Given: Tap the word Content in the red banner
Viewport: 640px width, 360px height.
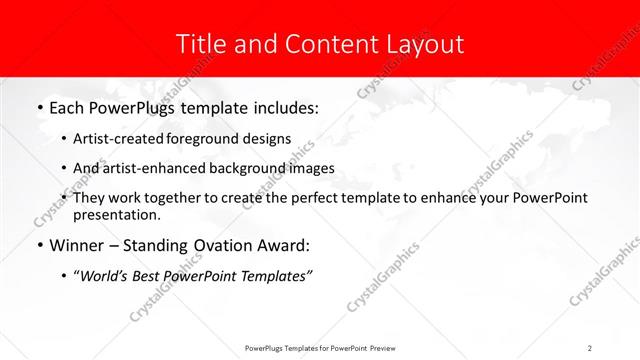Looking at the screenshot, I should click(x=323, y=44).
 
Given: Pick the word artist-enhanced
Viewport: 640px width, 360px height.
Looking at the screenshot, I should click(x=152, y=168).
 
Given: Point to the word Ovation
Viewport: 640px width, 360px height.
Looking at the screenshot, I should click(x=220, y=246).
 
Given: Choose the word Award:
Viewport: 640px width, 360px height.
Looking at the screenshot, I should click(x=286, y=246).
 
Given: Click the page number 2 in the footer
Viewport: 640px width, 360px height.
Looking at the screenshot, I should click(x=590, y=347).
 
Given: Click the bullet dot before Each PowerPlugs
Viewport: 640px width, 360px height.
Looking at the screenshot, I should click(x=38, y=106).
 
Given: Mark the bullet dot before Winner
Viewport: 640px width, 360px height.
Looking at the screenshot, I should click(x=38, y=246).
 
